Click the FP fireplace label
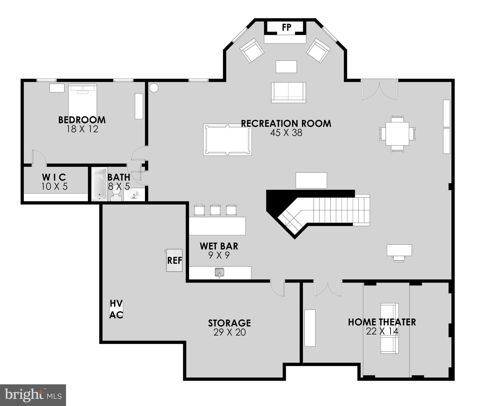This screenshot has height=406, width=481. click(286, 27)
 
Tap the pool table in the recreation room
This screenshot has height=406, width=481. click(227, 140)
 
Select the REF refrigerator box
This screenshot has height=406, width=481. click(174, 260)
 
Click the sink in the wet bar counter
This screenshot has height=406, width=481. click(219, 272)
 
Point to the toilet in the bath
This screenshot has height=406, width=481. click(115, 195)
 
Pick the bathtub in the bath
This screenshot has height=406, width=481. click(100, 184)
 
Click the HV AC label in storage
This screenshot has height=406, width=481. click(116, 309)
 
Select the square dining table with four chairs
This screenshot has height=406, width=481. click(397, 134)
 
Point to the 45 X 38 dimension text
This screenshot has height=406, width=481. click(286, 133)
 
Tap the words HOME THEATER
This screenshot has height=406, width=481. click(382, 322)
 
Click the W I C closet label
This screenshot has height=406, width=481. click(54, 177)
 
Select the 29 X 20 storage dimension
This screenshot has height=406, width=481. click(229, 332)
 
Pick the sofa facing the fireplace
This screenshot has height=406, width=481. click(288, 92)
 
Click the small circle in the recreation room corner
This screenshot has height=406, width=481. click(154, 87)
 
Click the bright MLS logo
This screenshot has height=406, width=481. click(33, 395)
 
